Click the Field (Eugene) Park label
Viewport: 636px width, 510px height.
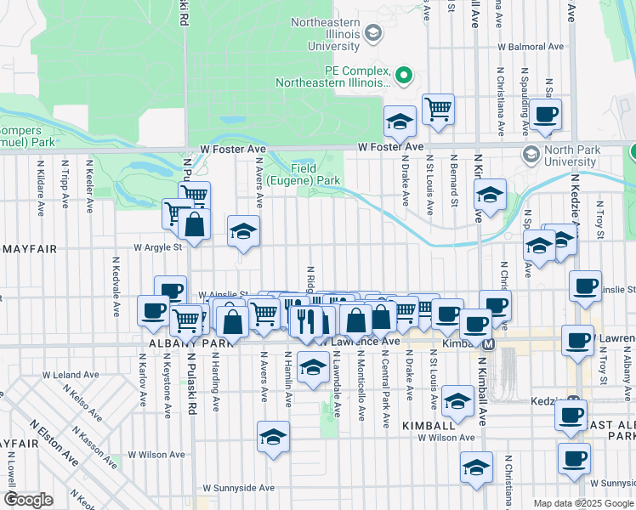[315, 174]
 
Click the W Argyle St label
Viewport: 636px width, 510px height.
[157, 247]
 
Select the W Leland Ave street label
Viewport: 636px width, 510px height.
[77, 375]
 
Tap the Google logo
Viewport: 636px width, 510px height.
[28, 500]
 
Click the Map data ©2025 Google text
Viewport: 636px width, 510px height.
[582, 503]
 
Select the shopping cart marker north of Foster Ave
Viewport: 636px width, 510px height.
[438, 108]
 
